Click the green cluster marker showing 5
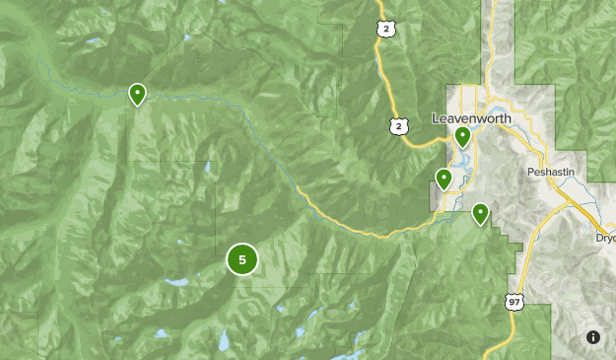242,259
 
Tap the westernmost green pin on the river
138,94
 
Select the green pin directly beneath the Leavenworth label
462,137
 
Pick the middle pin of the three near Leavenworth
445,179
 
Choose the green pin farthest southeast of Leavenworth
481,212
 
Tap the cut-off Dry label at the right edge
606,238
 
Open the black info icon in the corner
592,337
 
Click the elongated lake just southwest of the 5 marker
177,283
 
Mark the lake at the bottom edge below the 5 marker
225,341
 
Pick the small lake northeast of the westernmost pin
186,39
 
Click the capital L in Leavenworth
436,118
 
